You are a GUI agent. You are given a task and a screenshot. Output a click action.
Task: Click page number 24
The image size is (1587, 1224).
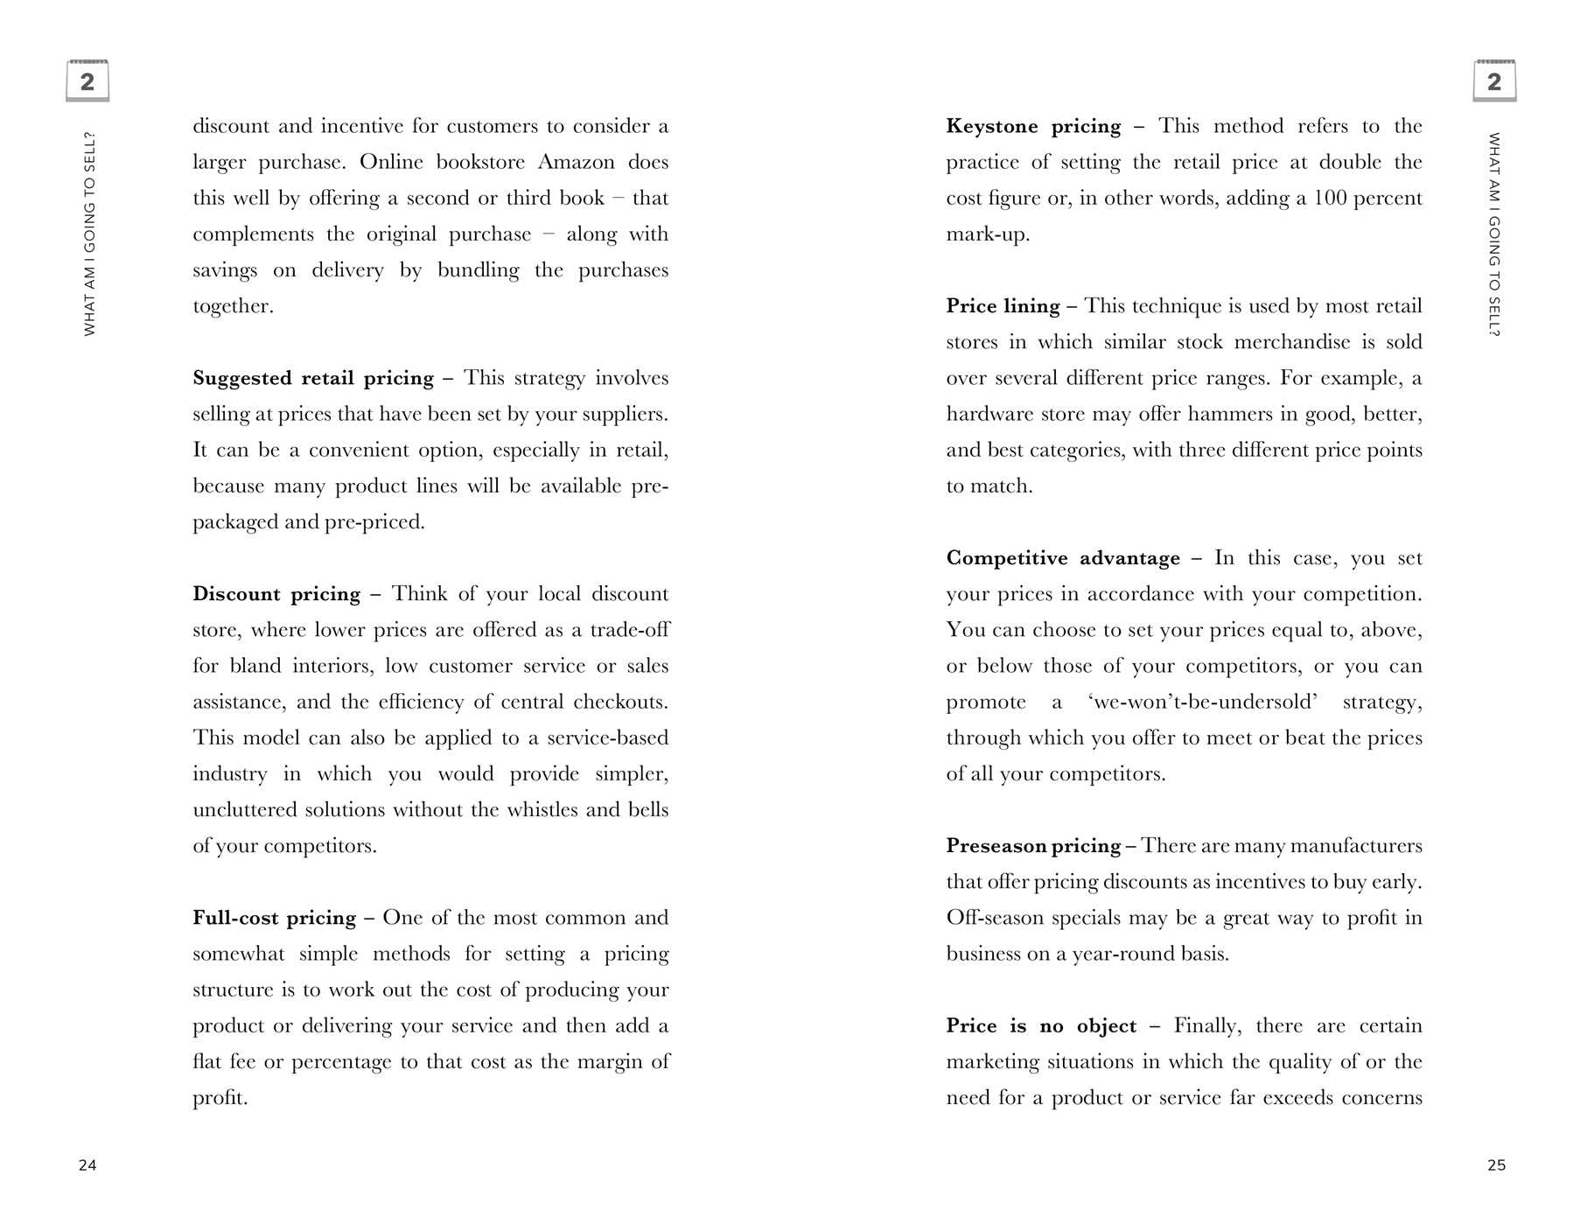pyautogui.click(x=87, y=1165)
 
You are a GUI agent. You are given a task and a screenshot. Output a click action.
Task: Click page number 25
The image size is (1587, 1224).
pyautogui.click(x=1496, y=1165)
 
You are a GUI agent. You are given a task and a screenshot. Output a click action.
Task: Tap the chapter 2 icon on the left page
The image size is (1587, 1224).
pyautogui.click(x=87, y=81)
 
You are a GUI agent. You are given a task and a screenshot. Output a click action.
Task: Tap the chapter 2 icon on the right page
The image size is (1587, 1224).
pyautogui.click(x=1494, y=81)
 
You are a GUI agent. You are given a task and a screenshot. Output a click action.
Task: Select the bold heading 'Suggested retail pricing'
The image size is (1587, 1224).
pyautogui.click(x=313, y=378)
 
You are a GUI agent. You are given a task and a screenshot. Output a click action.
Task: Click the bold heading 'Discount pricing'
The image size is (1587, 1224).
pyautogui.click(x=276, y=594)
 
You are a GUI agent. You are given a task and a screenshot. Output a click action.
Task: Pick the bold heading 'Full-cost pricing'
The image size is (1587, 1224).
pyautogui.click(x=275, y=918)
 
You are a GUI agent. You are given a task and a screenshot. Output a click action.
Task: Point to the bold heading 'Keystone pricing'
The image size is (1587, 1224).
pyautogui.click(x=1033, y=126)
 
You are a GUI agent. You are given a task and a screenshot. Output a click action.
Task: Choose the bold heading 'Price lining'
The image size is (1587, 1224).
pyautogui.click(x=1003, y=306)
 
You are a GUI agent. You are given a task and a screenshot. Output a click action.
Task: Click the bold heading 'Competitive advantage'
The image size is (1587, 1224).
pyautogui.click(x=1063, y=558)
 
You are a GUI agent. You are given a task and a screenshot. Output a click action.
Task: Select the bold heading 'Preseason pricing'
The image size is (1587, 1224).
pyautogui.click(x=1033, y=846)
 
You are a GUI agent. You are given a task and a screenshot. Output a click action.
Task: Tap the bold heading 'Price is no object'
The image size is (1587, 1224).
pyautogui.click(x=1041, y=1025)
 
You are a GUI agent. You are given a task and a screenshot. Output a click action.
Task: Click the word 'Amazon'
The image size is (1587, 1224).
pyautogui.click(x=576, y=163)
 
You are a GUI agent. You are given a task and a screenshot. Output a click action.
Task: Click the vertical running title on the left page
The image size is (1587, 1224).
pyautogui.click(x=89, y=234)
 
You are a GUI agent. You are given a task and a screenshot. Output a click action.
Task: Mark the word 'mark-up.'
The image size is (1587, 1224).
pyautogui.click(x=988, y=234)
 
